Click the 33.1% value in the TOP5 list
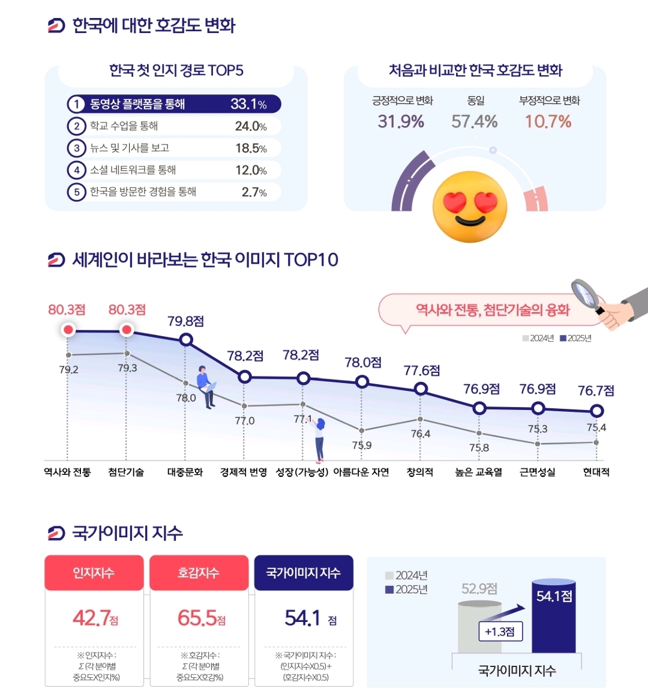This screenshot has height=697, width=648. click(248, 104)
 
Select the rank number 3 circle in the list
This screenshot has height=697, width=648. click(76, 148)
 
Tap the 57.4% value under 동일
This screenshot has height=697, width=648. click(475, 122)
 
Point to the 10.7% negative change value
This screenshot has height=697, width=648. click(548, 122)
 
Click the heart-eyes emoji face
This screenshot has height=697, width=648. click(470, 207)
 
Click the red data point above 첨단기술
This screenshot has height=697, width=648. click(127, 330)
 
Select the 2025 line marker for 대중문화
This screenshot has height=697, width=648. click(186, 340)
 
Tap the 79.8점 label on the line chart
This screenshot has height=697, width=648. click(185, 321)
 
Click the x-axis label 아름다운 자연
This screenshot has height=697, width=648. click(361, 472)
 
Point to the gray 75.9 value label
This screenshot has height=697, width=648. click(361, 445)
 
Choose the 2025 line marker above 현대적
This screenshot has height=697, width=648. click(596, 411)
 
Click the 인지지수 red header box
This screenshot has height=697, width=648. click(94, 573)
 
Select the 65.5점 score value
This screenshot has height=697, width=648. click(201, 618)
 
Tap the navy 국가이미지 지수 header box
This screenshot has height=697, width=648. click(304, 573)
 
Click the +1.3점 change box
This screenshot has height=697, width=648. click(499, 632)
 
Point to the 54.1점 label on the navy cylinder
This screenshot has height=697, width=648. click(554, 596)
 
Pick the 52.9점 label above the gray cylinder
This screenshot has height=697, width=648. click(479, 589)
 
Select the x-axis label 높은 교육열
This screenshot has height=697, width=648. click(479, 472)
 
